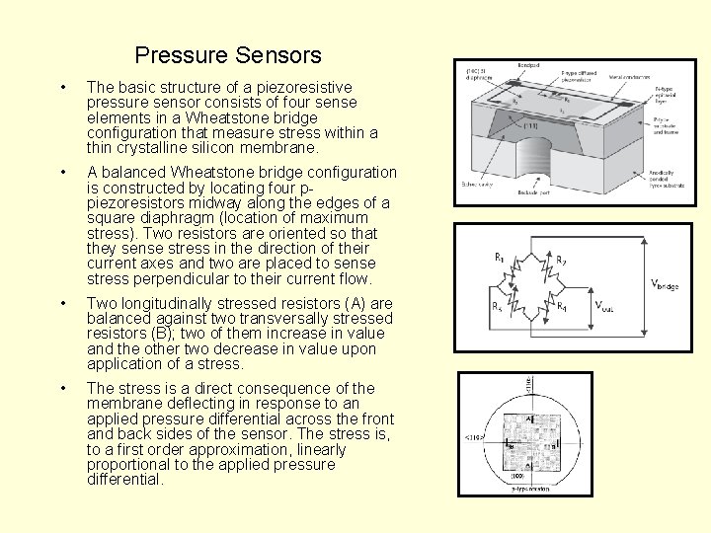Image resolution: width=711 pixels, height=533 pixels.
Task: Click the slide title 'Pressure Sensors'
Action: [x=228, y=55]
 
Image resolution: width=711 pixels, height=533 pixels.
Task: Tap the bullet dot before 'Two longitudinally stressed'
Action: [x=63, y=303]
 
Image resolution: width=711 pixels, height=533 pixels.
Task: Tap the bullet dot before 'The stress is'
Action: [x=63, y=388]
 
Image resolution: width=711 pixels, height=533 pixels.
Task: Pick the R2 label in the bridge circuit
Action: [x=560, y=261]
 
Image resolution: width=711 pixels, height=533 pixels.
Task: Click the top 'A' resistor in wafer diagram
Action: [x=529, y=418]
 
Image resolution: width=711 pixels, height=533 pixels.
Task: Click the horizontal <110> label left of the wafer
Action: [x=474, y=438]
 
